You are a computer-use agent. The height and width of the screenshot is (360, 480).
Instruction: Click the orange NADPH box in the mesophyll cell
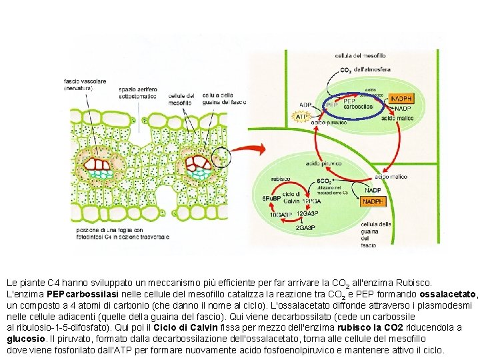(x=401, y=98)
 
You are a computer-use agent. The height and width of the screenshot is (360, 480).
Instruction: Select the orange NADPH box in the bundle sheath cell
(x=373, y=201)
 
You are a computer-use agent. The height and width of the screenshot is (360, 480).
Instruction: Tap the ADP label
(x=305, y=105)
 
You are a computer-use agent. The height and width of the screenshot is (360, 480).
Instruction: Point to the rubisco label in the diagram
(x=281, y=179)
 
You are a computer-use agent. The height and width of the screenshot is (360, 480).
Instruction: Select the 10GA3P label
(x=280, y=215)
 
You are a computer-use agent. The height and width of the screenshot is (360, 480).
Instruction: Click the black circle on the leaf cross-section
(x=221, y=158)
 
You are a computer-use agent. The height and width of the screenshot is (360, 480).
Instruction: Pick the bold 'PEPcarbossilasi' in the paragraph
(x=74, y=294)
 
